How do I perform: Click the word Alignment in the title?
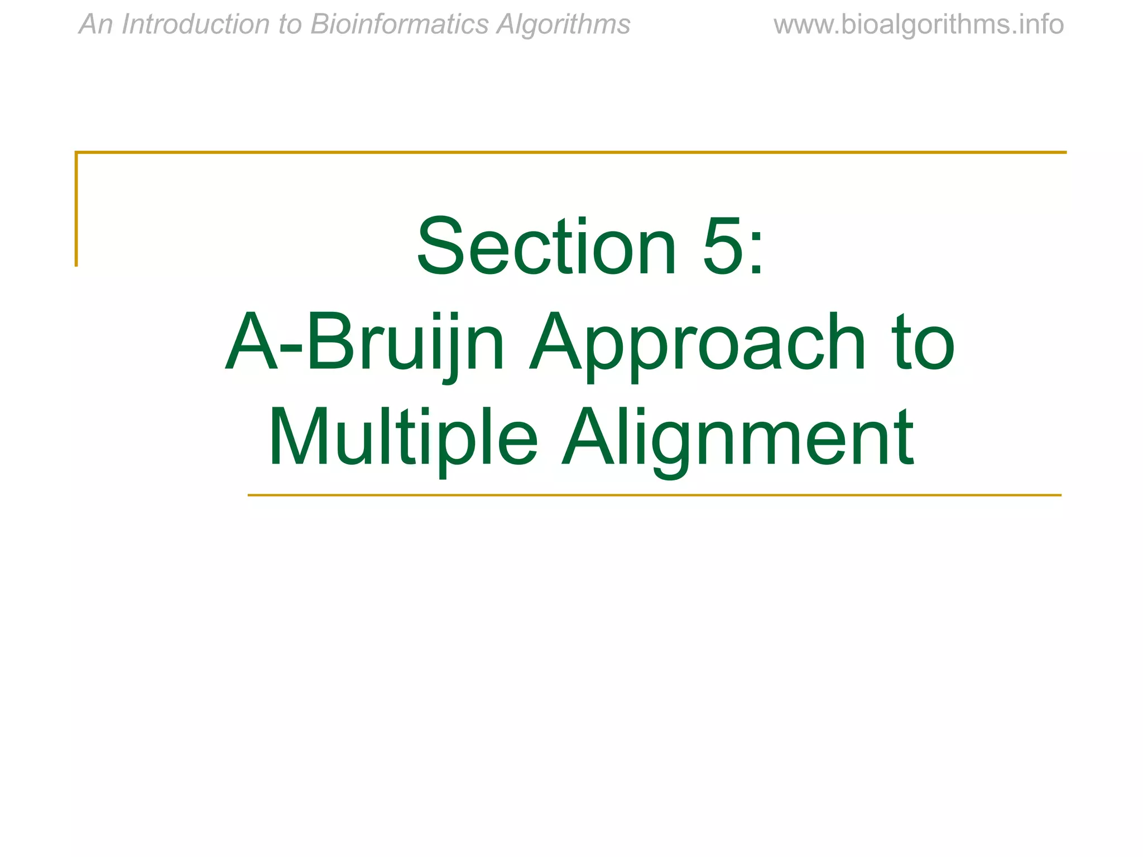(x=737, y=437)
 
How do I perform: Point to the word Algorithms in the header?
(x=564, y=25)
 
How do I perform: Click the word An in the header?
(x=96, y=25)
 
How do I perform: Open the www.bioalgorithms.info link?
(x=919, y=25)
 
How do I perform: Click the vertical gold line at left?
(x=76, y=209)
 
